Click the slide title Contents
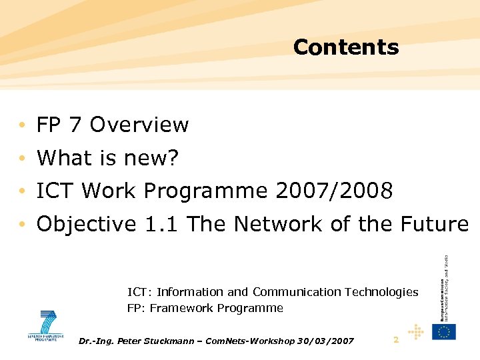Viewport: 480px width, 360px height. (x=345, y=47)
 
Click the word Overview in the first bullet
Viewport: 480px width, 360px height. (x=139, y=125)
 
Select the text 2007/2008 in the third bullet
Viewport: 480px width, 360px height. (x=333, y=191)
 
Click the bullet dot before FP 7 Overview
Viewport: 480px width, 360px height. (x=23, y=125)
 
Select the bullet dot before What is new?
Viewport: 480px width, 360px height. (x=23, y=159)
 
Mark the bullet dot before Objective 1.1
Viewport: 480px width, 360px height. (x=23, y=225)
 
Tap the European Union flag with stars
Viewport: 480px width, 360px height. (x=444, y=331)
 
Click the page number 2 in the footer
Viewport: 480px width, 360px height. (x=396, y=340)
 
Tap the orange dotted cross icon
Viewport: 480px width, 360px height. (x=416, y=331)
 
